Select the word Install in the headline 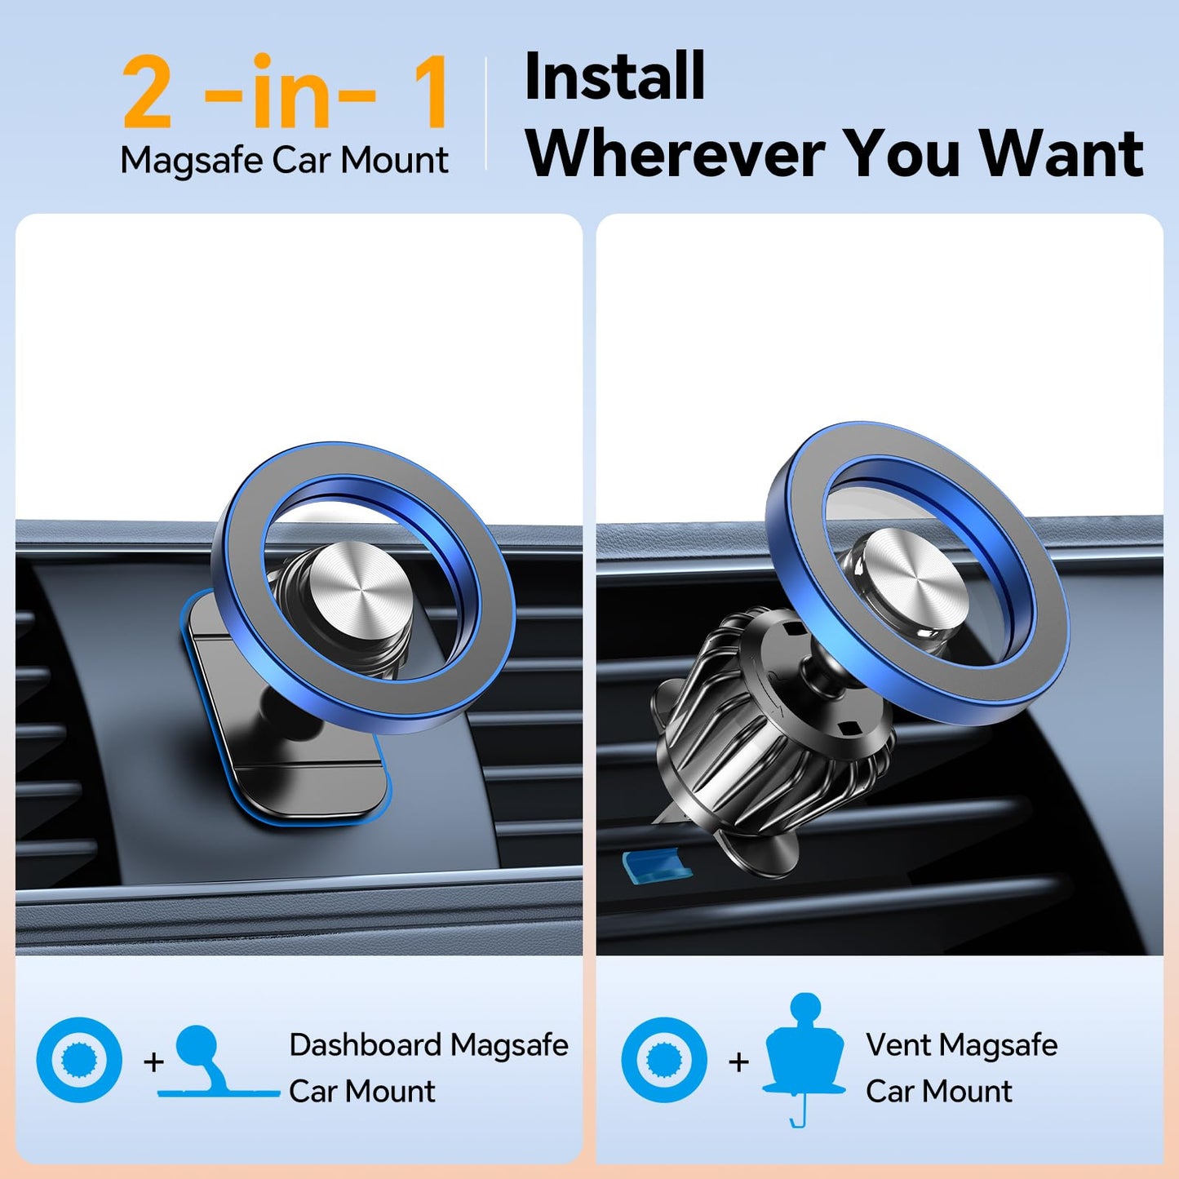tap(614, 77)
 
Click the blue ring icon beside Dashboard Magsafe tap(79, 1060)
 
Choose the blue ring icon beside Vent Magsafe tap(664, 1060)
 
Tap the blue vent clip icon tap(804, 1053)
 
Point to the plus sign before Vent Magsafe tap(738, 1062)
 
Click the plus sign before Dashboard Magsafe tap(153, 1062)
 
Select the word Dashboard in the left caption tap(365, 1045)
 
